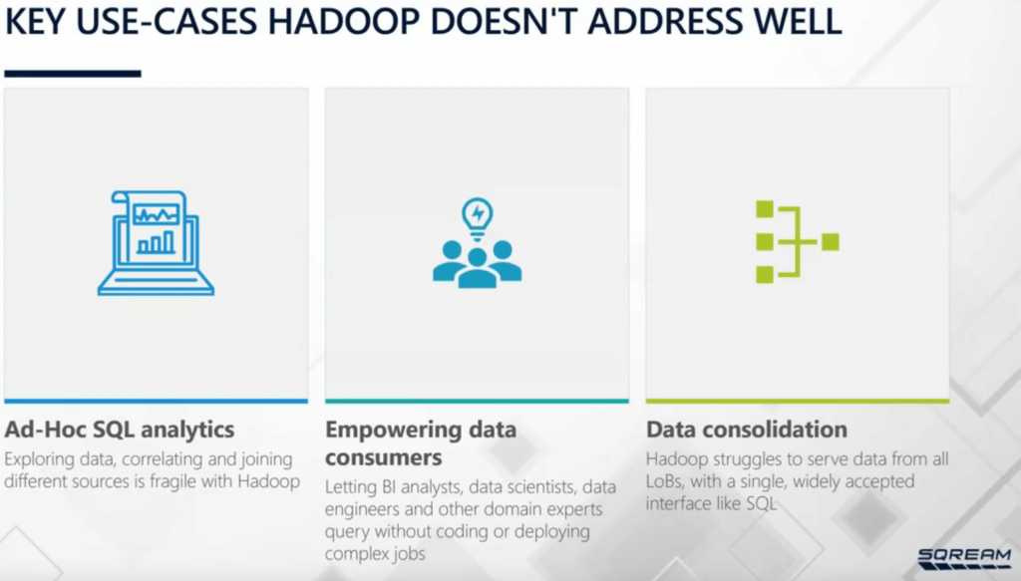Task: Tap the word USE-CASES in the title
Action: [191, 21]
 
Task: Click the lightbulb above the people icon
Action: [478, 213]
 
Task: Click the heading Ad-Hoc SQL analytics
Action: [120, 431]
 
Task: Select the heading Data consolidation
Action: [747, 431]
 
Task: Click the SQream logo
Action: [963, 557]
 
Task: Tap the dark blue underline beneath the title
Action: [73, 73]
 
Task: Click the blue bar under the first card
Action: [157, 401]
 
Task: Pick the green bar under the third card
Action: [797, 401]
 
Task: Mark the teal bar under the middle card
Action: [477, 401]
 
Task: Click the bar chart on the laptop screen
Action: [156, 242]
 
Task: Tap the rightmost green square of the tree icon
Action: [830, 241]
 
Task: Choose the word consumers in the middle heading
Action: [383, 458]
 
